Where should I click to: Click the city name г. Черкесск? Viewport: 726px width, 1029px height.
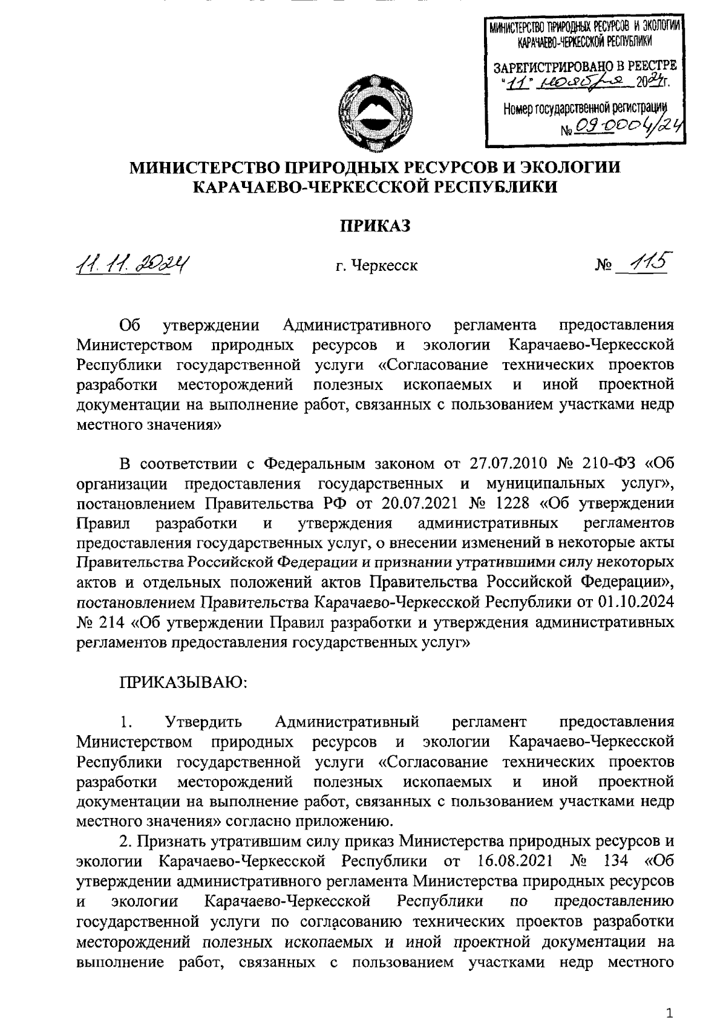[378, 265]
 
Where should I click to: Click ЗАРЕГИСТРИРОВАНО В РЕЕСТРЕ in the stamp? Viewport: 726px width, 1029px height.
[585, 65]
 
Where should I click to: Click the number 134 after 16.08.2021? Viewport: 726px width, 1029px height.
[615, 860]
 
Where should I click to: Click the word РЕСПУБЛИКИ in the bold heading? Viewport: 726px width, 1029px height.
[494, 187]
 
